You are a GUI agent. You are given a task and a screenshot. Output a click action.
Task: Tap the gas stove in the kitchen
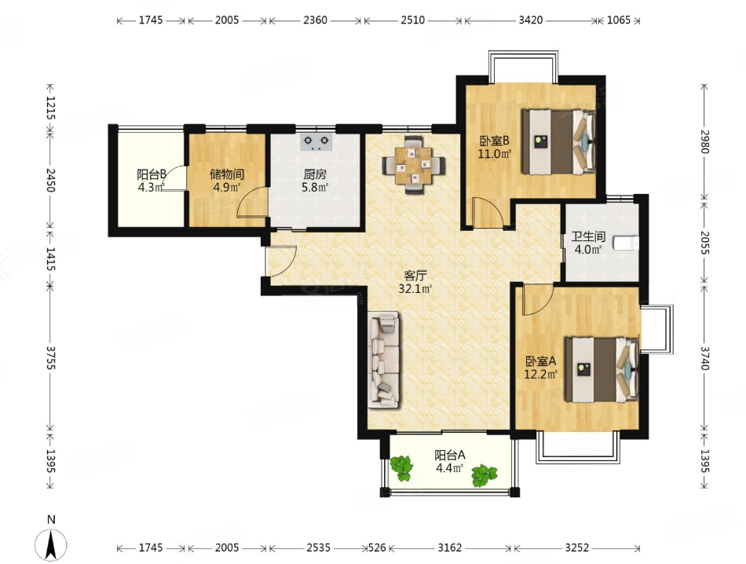click(316, 142)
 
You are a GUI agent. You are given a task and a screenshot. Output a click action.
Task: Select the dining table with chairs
click(414, 165)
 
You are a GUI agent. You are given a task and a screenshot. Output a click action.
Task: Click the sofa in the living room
click(383, 360)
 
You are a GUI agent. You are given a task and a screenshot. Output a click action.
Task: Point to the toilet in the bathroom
click(625, 243)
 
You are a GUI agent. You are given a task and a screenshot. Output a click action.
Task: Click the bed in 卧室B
click(558, 142)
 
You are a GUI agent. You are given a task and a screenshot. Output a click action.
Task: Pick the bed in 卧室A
click(602, 369)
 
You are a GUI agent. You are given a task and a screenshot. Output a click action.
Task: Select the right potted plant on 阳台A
click(485, 475)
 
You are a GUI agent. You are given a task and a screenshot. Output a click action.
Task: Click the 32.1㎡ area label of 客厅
click(415, 288)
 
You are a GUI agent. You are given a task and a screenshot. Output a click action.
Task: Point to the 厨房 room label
click(315, 174)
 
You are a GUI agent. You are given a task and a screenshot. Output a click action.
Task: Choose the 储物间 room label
click(227, 174)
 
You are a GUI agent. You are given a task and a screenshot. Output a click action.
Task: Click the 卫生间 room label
click(588, 236)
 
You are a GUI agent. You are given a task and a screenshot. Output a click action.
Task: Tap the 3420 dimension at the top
click(531, 20)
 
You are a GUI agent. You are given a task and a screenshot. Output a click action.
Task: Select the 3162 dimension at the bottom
click(450, 548)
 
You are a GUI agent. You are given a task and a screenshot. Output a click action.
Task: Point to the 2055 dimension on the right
click(704, 243)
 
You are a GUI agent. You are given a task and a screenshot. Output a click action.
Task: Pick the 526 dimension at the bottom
click(377, 548)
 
